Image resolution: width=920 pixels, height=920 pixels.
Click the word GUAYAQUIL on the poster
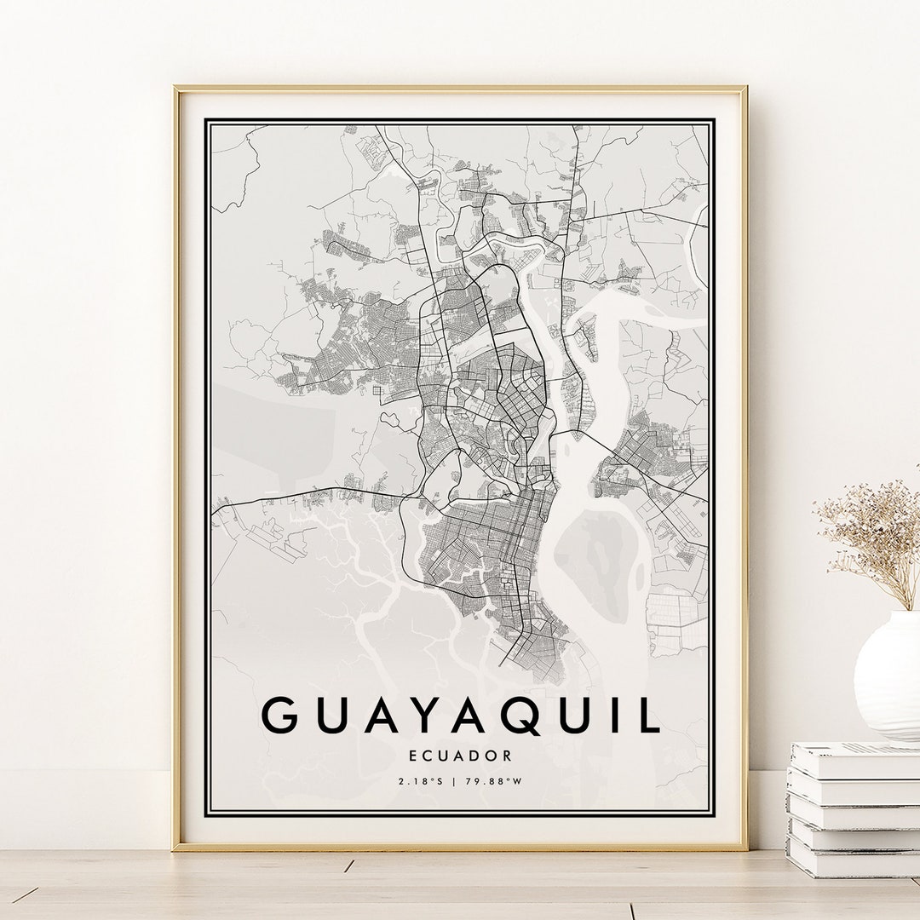(460, 715)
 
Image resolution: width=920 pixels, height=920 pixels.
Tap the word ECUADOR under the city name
(460, 756)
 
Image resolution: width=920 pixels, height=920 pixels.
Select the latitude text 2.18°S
(420, 780)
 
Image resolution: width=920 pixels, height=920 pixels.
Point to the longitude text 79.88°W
(493, 780)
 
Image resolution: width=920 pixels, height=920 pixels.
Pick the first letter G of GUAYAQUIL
(280, 715)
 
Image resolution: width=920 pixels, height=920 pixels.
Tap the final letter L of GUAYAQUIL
(648, 715)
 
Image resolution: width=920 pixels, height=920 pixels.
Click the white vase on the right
(888, 673)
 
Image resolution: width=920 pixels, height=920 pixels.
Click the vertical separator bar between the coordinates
(456, 780)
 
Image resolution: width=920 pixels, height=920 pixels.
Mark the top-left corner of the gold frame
(175, 88)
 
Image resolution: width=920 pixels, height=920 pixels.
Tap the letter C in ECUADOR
(428, 756)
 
